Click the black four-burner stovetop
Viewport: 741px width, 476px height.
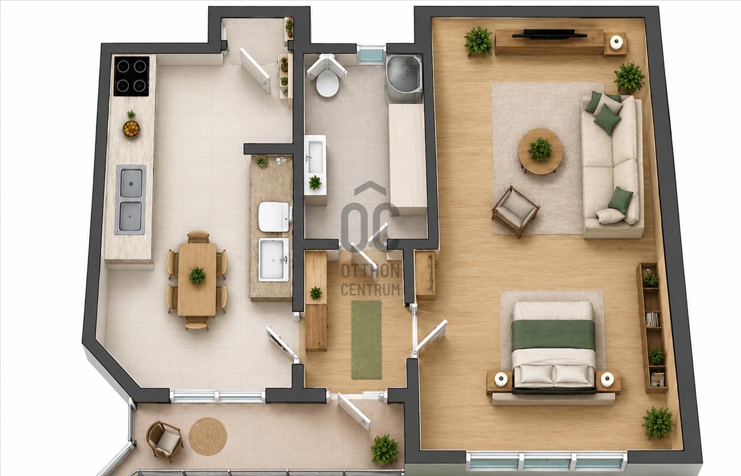click(x=132, y=76)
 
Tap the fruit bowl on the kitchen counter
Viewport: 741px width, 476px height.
click(x=132, y=129)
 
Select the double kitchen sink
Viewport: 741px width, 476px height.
click(x=131, y=200)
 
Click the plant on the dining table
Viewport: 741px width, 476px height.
click(x=197, y=276)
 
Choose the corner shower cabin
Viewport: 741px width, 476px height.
click(x=404, y=78)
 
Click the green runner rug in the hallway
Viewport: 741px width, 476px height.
click(x=366, y=340)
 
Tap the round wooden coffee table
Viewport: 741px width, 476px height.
click(x=540, y=151)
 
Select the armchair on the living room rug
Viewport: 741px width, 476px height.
click(x=516, y=211)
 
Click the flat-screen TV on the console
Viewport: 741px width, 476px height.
click(x=550, y=34)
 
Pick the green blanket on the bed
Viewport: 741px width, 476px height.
click(x=553, y=335)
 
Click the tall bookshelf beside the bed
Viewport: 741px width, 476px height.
click(x=652, y=327)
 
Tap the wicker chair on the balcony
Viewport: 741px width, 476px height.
click(x=164, y=441)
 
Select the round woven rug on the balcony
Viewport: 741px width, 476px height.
click(x=207, y=437)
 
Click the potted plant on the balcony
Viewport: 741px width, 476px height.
click(x=385, y=449)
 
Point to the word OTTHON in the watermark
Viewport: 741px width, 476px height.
click(x=371, y=271)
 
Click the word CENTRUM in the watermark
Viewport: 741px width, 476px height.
click(x=371, y=289)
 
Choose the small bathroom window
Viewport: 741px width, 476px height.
click(x=372, y=54)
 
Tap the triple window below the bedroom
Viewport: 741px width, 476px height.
click(x=547, y=461)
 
